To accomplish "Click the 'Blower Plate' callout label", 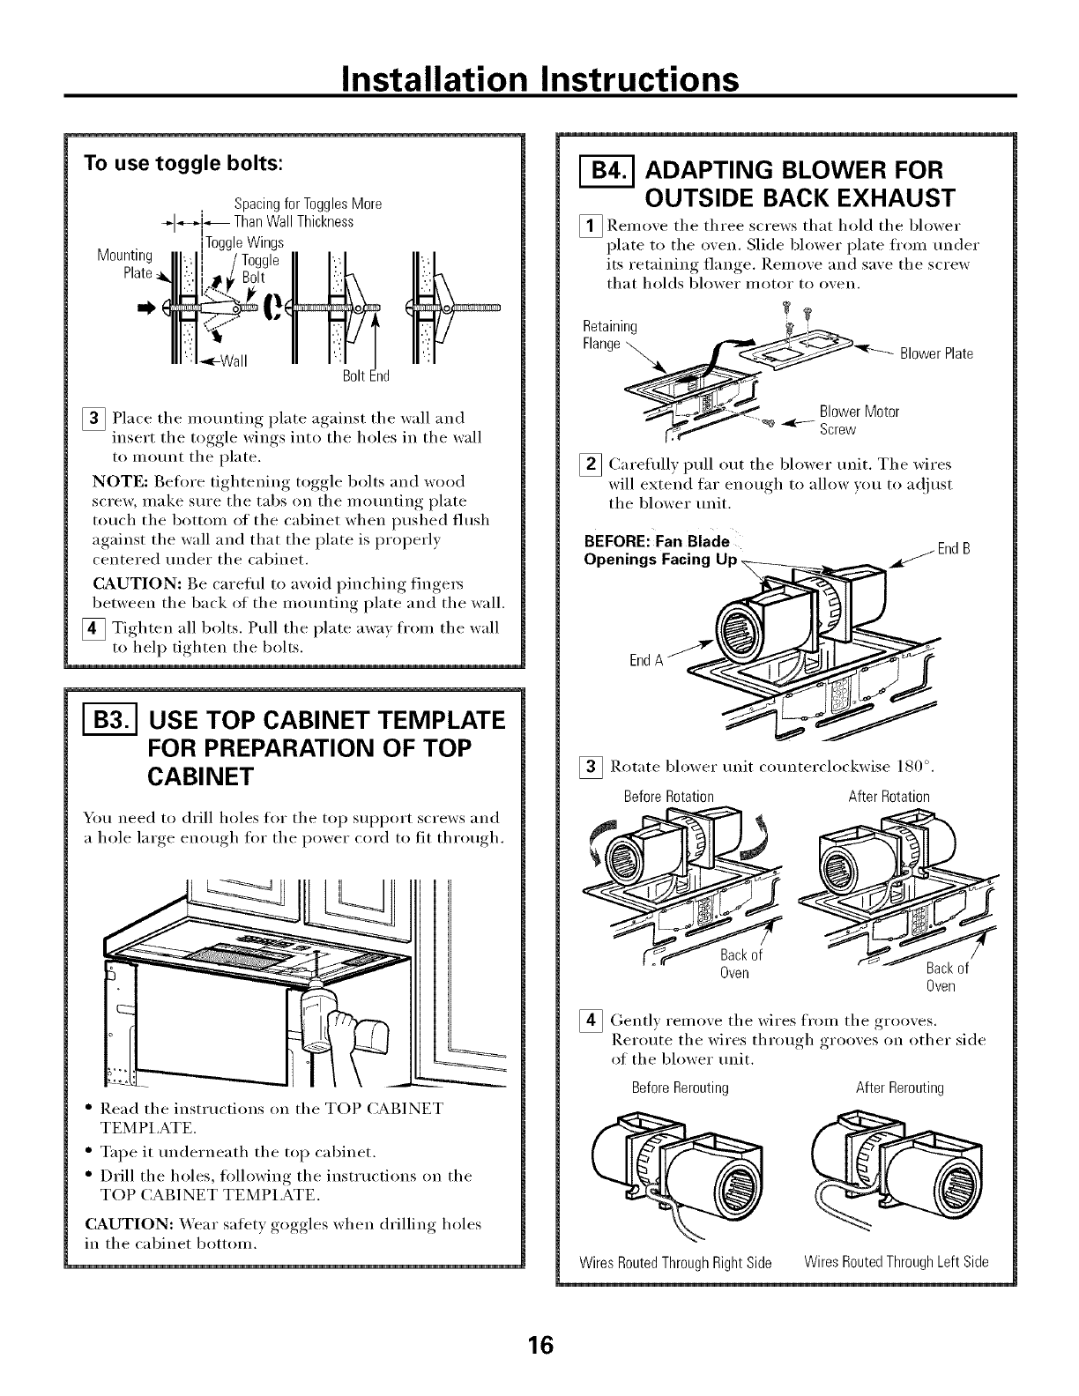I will tap(935, 354).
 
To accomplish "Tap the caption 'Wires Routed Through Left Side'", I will tap(897, 1261).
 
